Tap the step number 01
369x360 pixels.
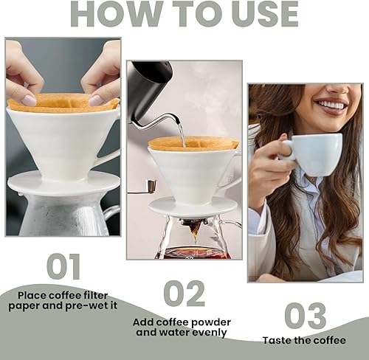click(x=63, y=266)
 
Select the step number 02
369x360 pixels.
click(x=184, y=293)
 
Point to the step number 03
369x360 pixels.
click(x=306, y=316)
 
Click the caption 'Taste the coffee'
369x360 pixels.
click(x=304, y=340)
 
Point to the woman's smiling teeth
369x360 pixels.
click(x=329, y=105)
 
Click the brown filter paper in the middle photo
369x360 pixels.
click(x=193, y=143)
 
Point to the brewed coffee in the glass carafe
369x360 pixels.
click(x=193, y=253)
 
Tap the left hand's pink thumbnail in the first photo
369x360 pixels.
click(x=29, y=100)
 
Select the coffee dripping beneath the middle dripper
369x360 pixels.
click(x=194, y=234)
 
